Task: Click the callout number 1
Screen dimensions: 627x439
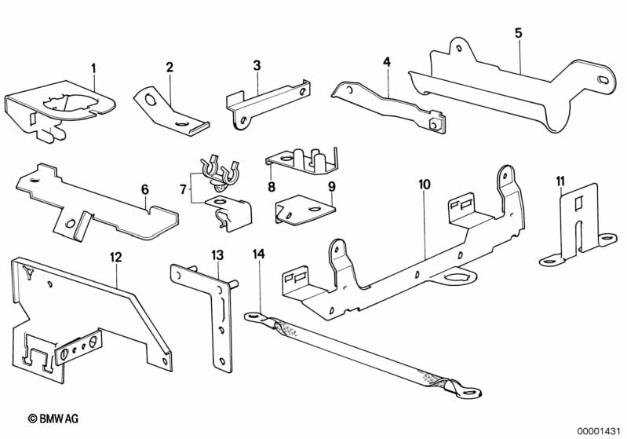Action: click(x=93, y=68)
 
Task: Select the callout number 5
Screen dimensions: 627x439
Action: click(x=518, y=33)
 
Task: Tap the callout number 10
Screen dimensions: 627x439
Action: click(x=425, y=185)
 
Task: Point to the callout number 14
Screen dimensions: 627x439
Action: click(x=259, y=254)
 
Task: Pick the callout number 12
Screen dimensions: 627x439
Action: click(x=115, y=257)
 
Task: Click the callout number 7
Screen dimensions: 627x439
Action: click(x=183, y=189)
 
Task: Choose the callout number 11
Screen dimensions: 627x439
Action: click(x=560, y=181)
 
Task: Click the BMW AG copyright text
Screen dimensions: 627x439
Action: click(x=53, y=419)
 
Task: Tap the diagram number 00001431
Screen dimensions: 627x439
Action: click(x=598, y=431)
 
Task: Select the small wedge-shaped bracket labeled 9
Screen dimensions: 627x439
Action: click(x=304, y=210)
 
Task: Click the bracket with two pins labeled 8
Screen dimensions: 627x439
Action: click(x=303, y=161)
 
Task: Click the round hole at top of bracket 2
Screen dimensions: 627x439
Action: click(x=151, y=99)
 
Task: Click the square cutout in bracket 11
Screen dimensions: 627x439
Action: click(x=579, y=203)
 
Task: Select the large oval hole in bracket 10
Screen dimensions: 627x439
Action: click(x=455, y=276)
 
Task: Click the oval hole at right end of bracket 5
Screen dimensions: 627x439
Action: click(x=603, y=79)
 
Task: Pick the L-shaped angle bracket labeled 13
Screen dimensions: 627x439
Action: click(x=222, y=320)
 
